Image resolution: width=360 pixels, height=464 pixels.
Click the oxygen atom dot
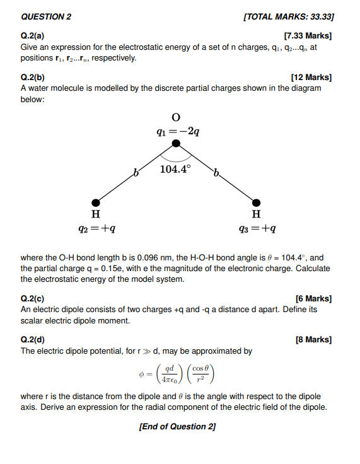coord(177,144)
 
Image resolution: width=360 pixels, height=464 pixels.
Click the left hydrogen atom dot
coord(96,202)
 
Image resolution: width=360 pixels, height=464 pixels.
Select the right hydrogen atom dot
coord(257,202)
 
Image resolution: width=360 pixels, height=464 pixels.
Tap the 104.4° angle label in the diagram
coord(176,168)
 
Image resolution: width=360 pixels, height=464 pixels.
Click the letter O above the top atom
coord(176,117)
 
